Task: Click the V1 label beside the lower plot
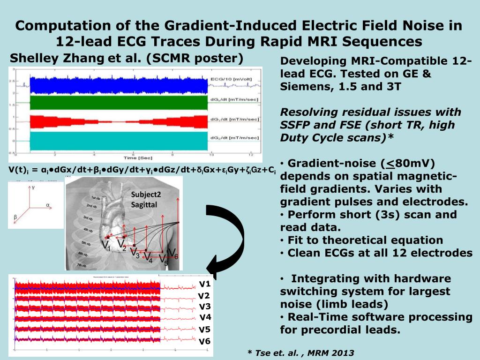pos(205,284)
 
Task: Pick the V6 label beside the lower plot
pos(205,341)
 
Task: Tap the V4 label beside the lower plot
pos(205,318)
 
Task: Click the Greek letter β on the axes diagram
pos(15,217)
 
